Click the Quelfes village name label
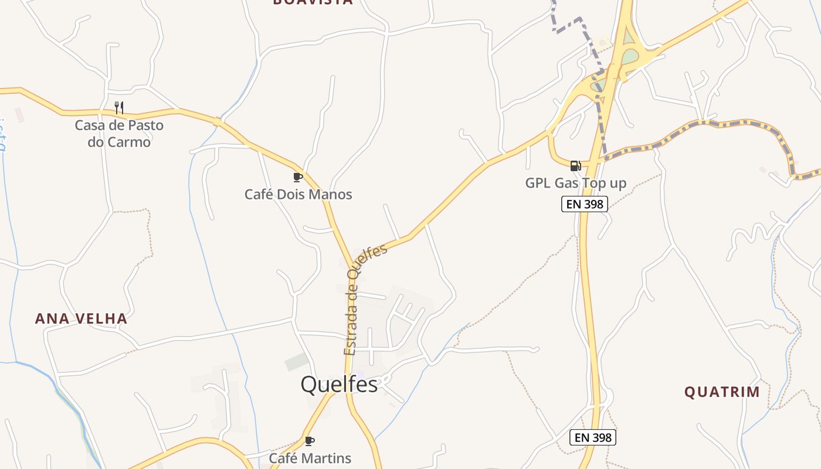coord(339,384)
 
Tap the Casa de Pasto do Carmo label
coord(119,134)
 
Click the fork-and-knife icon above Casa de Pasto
coord(119,107)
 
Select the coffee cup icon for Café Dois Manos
coord(298,176)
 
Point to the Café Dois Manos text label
coord(298,194)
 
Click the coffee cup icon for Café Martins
coord(310,441)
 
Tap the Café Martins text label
coord(310,458)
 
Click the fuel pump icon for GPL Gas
coord(575,165)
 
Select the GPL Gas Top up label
coord(575,183)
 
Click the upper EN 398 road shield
coord(584,204)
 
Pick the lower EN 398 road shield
coord(592,437)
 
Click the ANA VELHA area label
coord(81,318)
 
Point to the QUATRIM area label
coord(722,392)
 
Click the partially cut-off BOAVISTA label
coord(313,2)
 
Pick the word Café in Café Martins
coord(283,458)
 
